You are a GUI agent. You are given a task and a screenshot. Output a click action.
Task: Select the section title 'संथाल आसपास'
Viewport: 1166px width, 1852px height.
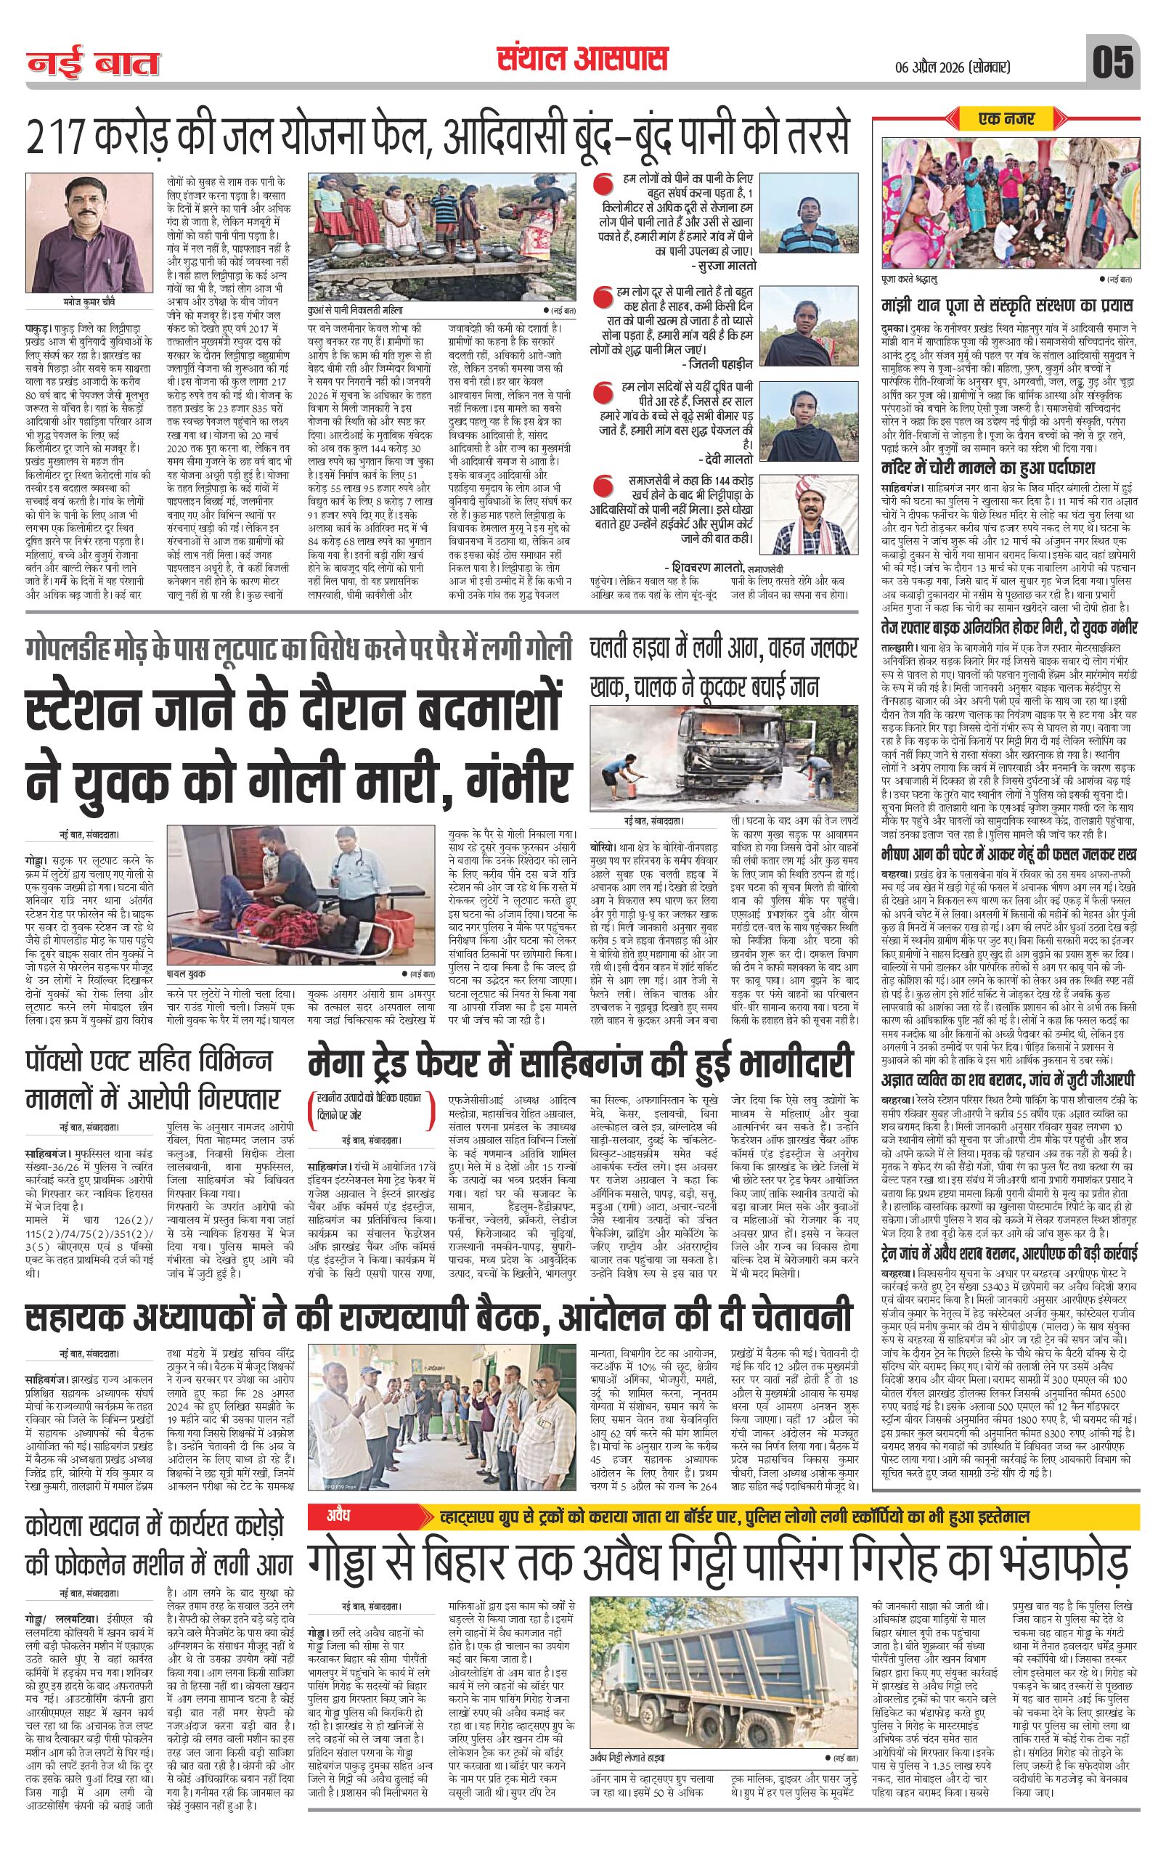click(x=582, y=60)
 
